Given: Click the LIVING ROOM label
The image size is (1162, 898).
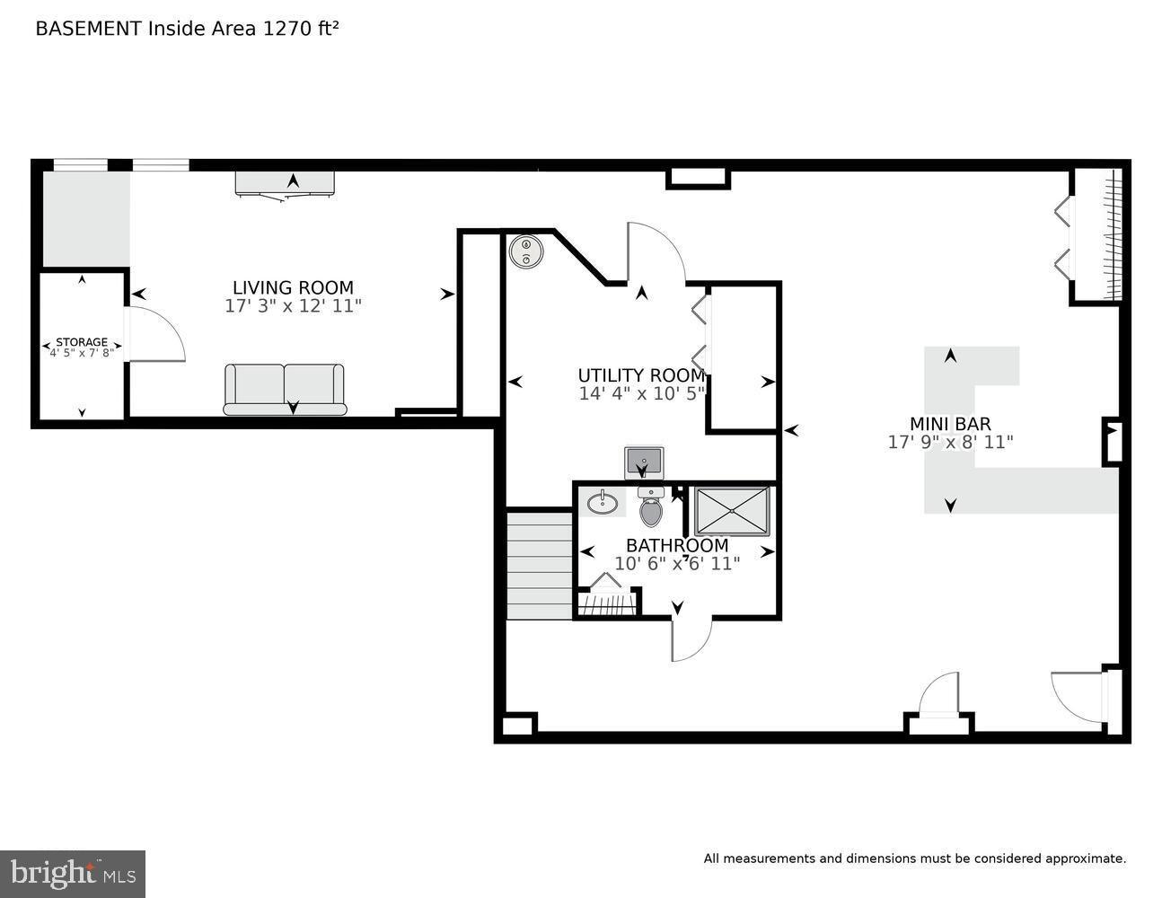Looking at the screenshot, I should [293, 287].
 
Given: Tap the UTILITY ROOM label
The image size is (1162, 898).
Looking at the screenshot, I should [640, 375].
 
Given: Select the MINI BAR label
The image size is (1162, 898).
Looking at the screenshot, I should [950, 424].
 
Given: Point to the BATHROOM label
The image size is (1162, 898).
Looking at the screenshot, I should [677, 545].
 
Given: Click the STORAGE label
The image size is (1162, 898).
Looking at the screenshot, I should [82, 342].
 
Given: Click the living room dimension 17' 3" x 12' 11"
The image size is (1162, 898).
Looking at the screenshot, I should [293, 306].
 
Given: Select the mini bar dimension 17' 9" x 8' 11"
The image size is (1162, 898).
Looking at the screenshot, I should [950, 442].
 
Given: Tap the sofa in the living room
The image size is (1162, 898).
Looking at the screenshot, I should [285, 389].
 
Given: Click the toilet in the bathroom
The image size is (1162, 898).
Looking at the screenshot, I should [651, 510].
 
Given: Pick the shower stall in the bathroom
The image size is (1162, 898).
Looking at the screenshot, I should [732, 510].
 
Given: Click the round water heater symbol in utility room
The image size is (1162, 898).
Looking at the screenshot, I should [525, 251].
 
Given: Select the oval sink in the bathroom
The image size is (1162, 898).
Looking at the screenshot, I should [601, 501].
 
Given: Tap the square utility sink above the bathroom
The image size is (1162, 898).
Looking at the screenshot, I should [644, 462].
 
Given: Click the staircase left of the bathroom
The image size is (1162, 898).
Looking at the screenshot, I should [540, 565].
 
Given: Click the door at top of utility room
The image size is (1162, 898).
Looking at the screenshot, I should [655, 252].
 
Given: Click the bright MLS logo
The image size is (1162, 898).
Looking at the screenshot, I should [73, 873].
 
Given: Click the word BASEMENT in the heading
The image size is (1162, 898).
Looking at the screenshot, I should [88, 29].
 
